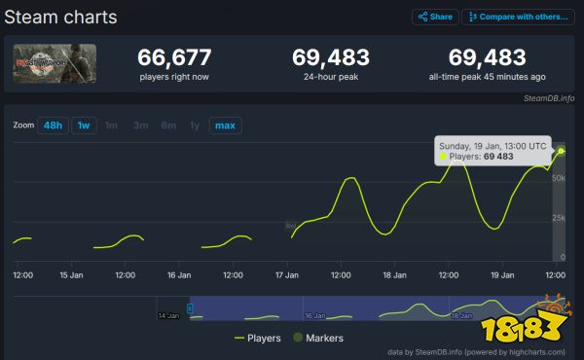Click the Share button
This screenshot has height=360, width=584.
pyautogui.click(x=434, y=17)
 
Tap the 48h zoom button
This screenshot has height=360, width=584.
pyautogui.click(x=53, y=126)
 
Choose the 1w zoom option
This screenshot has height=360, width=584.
pyautogui.click(x=84, y=126)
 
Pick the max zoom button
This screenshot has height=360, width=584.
pyautogui.click(x=225, y=126)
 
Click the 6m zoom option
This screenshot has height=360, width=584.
pyautogui.click(x=168, y=126)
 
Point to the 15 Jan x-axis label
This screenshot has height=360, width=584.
pyautogui.click(x=70, y=275)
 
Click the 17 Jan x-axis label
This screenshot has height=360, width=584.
pyautogui.click(x=287, y=275)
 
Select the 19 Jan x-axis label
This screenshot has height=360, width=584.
pyautogui.click(x=502, y=275)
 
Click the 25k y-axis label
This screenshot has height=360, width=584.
pyautogui.click(x=559, y=218)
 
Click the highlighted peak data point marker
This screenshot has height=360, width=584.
pyautogui.click(x=561, y=151)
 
